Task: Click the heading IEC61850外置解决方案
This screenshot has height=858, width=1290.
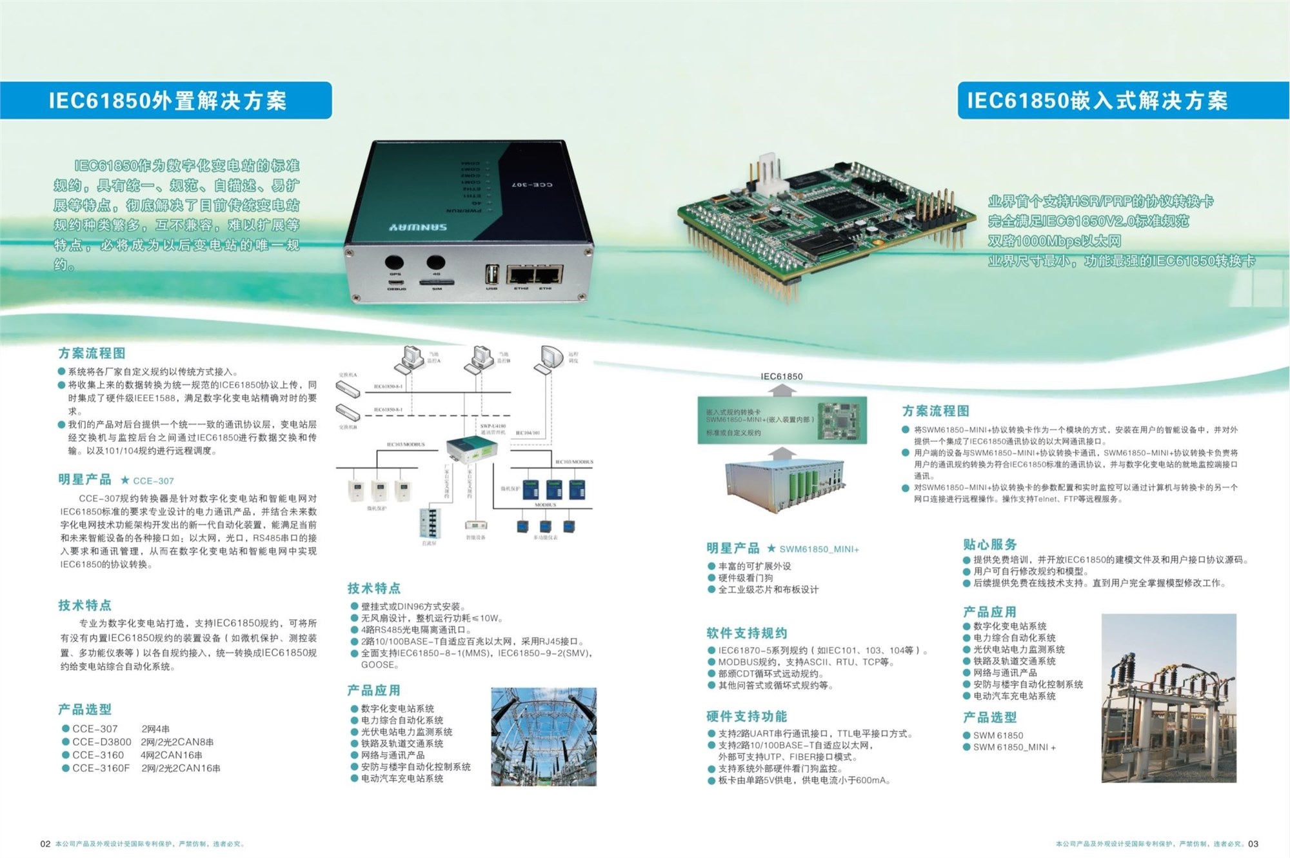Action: tap(167, 101)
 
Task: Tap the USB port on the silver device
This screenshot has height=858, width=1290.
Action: tap(491, 274)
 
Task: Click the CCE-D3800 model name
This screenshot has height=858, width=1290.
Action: tap(101, 742)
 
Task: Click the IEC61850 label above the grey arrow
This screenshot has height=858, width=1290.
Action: tap(781, 376)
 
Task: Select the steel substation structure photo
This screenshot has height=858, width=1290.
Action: tap(544, 736)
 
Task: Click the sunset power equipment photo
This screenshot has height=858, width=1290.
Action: tap(1168, 699)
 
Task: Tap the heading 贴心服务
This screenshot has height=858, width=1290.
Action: tap(989, 544)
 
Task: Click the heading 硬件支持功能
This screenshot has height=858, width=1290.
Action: tap(746, 716)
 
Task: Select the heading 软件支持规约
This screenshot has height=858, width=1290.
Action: tap(746, 633)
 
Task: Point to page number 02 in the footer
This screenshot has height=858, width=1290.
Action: tap(45, 844)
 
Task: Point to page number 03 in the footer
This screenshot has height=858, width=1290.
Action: tap(1253, 844)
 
